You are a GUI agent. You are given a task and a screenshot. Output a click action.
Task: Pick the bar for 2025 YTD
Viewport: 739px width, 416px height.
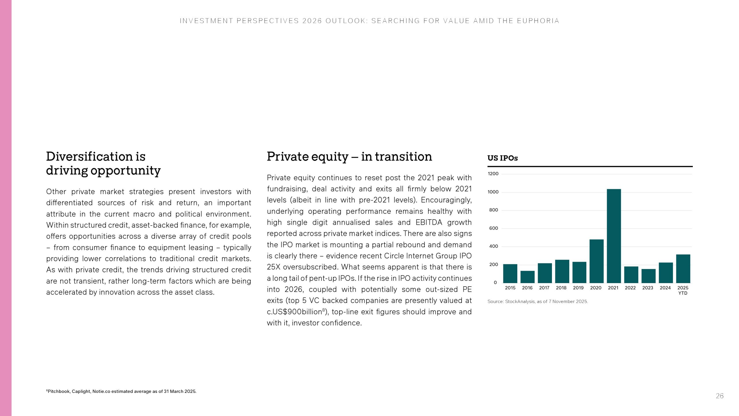pyautogui.click(x=683, y=268)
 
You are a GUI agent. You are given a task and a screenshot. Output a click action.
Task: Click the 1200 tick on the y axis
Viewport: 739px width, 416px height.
pyautogui.click(x=493, y=174)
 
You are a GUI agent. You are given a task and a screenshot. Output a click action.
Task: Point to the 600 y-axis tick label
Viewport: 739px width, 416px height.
pyautogui.click(x=494, y=228)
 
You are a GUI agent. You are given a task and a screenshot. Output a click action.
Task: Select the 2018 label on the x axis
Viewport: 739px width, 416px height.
pyautogui.click(x=561, y=288)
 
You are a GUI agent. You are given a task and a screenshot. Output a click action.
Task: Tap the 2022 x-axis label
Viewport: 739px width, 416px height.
pyautogui.click(x=630, y=288)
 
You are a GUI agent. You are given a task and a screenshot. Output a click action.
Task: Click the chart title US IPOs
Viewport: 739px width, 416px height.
pyautogui.click(x=503, y=158)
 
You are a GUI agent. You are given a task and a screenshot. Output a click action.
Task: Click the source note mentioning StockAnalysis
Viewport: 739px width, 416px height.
pyautogui.click(x=538, y=302)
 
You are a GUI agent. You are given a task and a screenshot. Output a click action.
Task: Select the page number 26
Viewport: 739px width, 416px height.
pyautogui.click(x=719, y=396)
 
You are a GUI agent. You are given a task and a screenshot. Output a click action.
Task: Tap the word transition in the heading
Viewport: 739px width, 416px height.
pyautogui.click(x=403, y=157)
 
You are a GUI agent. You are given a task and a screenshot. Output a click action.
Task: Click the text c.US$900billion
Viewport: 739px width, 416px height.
pyautogui.click(x=294, y=312)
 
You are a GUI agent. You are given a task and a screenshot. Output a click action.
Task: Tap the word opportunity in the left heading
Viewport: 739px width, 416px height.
pyautogui.click(x=125, y=170)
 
